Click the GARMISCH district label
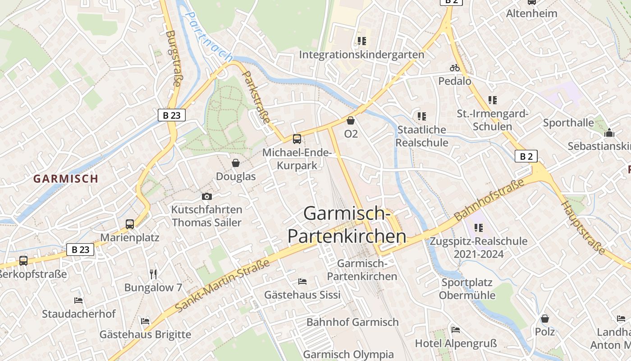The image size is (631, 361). (66, 178)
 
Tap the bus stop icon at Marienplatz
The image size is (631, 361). (130, 224)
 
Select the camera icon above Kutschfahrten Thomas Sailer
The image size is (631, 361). (207, 196)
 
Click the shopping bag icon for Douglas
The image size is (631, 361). (236, 163)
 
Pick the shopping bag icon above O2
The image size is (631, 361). (351, 120)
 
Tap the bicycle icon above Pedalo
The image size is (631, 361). (455, 68)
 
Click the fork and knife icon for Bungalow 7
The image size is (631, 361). (153, 274)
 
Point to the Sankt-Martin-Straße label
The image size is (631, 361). (222, 285)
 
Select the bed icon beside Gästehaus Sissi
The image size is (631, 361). (302, 282)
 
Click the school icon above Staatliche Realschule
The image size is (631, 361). (422, 116)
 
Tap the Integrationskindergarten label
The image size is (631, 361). (361, 55)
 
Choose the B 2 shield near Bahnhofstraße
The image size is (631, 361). (526, 157)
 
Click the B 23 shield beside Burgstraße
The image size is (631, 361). (172, 115)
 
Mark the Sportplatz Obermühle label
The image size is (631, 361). (467, 289)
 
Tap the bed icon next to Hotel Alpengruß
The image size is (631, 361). (456, 330)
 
